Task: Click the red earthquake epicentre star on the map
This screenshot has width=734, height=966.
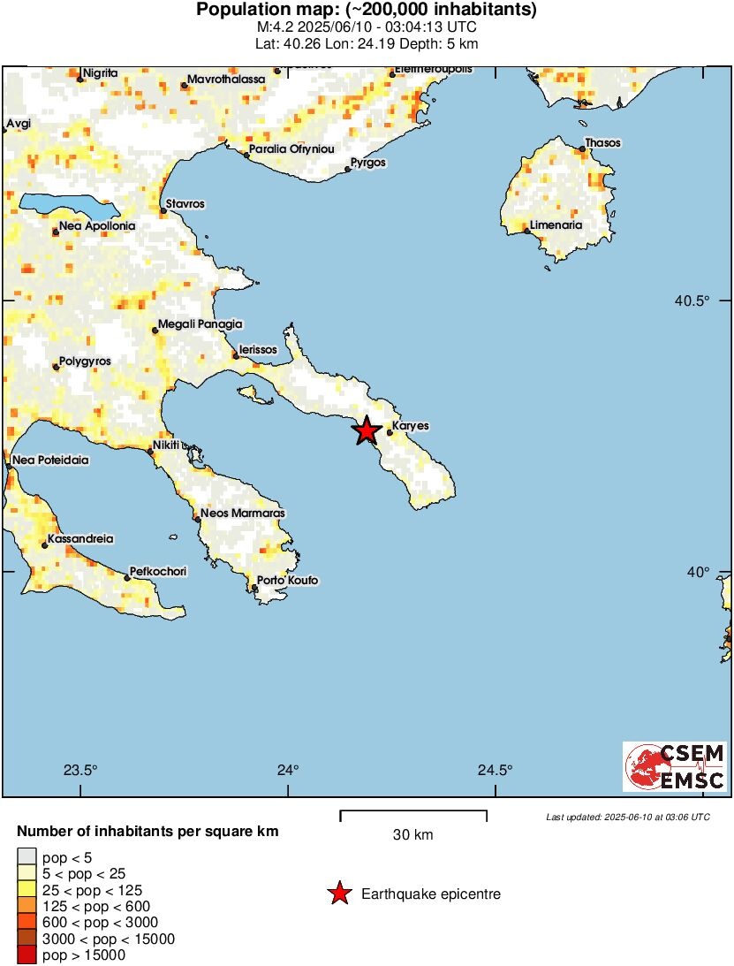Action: point(367,431)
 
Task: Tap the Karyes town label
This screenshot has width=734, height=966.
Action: point(410,426)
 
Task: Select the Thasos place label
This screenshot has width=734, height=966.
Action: point(604,143)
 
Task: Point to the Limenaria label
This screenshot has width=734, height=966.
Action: point(556,225)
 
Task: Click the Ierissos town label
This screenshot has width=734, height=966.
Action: point(258,350)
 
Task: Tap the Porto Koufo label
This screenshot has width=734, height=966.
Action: point(287,581)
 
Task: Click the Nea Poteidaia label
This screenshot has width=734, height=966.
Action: point(50,460)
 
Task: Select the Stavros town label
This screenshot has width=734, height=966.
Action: point(185,204)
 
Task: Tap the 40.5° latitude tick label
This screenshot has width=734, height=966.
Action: point(692,300)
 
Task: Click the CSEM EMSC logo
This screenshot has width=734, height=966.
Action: point(676,766)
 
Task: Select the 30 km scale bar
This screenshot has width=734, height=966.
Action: point(413,811)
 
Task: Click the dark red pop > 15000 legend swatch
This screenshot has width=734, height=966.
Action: point(26,955)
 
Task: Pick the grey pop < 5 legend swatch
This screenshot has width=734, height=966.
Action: point(26,856)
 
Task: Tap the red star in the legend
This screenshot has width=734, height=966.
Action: point(338,894)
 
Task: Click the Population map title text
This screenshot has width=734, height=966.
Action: point(367,11)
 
